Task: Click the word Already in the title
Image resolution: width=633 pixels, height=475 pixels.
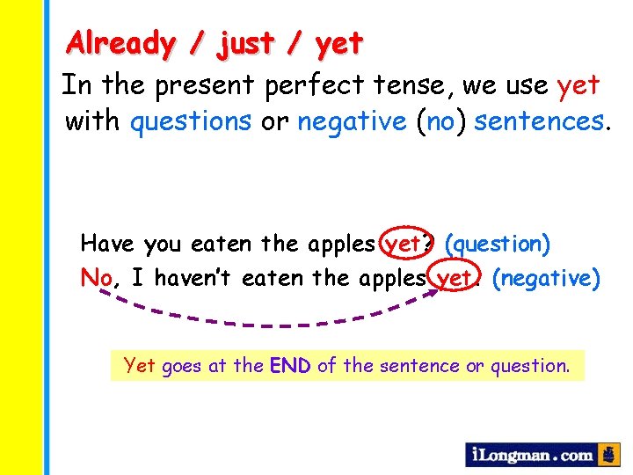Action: (120, 42)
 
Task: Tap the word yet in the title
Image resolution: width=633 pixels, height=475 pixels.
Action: (337, 42)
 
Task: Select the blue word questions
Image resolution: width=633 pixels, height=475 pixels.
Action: (191, 121)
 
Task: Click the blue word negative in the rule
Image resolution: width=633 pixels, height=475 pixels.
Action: (351, 121)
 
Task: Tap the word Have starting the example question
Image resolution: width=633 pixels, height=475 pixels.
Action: (107, 243)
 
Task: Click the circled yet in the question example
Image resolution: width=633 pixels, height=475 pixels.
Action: (402, 244)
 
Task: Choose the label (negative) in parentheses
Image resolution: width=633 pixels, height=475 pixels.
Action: (546, 279)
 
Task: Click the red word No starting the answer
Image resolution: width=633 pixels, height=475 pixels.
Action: (96, 279)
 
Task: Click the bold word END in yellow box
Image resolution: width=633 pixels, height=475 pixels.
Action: (290, 365)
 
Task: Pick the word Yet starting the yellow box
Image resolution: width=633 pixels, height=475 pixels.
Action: (140, 365)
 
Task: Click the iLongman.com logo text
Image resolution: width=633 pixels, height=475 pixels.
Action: (531, 455)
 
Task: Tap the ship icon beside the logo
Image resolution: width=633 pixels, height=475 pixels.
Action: (608, 455)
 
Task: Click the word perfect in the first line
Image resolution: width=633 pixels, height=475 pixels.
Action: (307, 86)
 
